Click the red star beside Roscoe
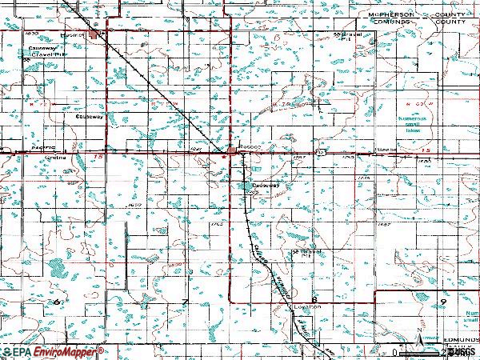point(225,157)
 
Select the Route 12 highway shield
point(318,150)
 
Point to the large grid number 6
point(58,300)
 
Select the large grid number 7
point(186,300)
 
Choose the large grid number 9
point(442,299)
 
